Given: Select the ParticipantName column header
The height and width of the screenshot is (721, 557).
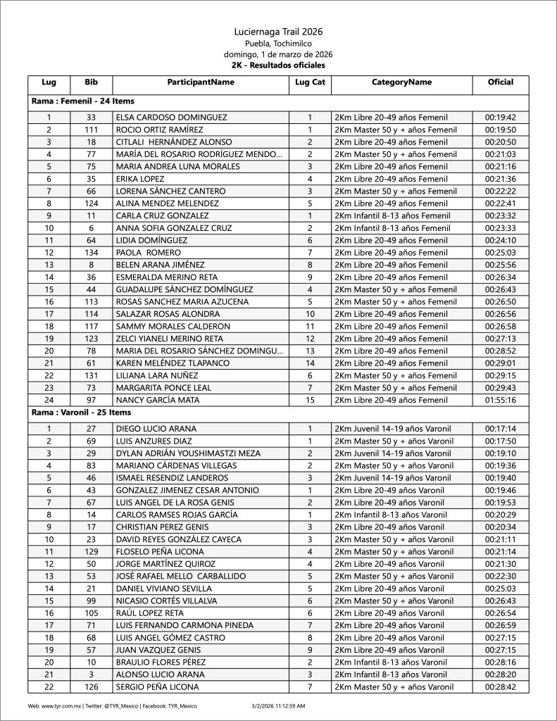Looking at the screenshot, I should coord(201,82).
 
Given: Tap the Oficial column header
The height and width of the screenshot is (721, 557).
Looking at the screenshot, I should coord(500,82).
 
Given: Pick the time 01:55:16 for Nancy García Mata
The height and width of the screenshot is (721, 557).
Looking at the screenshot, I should coord(500,400).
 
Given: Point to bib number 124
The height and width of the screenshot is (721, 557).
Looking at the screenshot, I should coord(91,203).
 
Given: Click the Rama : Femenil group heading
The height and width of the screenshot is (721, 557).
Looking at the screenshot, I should coord(83,101).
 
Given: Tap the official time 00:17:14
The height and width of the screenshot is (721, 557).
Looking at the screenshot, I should coord(500,428).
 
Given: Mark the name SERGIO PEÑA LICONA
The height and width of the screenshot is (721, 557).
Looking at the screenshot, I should coord(158,686).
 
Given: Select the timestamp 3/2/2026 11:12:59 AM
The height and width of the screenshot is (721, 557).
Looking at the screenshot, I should coord(278,705).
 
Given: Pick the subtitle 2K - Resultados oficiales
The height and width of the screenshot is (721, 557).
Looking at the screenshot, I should coord(278,65).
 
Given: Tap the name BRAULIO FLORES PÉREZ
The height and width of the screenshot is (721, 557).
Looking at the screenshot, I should coord(161,662).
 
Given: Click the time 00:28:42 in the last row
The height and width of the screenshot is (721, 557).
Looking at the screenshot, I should coord(500,686).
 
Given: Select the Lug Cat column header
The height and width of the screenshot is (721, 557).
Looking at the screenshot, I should coord(310,82).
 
